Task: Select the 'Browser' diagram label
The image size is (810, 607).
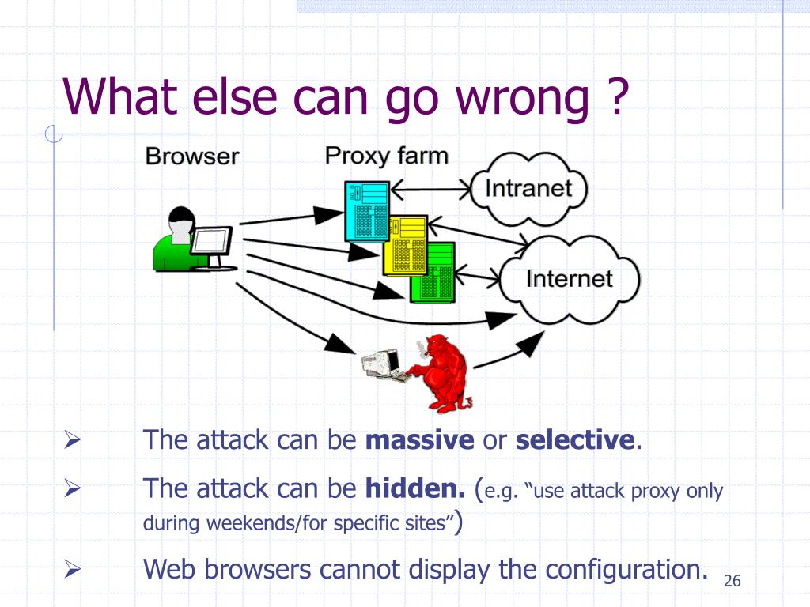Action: point(191,156)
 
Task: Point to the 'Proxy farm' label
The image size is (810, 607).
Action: point(386,155)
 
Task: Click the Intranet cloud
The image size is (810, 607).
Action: point(528,189)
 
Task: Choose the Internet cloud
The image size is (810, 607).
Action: point(570,279)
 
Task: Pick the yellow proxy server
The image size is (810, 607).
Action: point(404,244)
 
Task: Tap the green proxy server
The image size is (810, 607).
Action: point(433,272)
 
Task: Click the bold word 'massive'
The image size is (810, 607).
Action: point(419,440)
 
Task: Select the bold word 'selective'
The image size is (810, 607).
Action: point(575,440)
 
